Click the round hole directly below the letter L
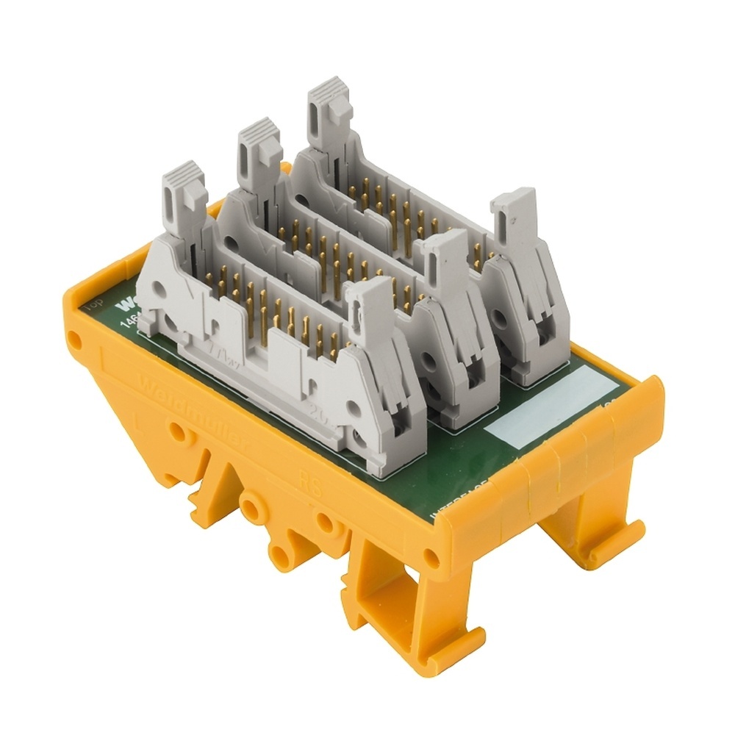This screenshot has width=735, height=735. point(176,434)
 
